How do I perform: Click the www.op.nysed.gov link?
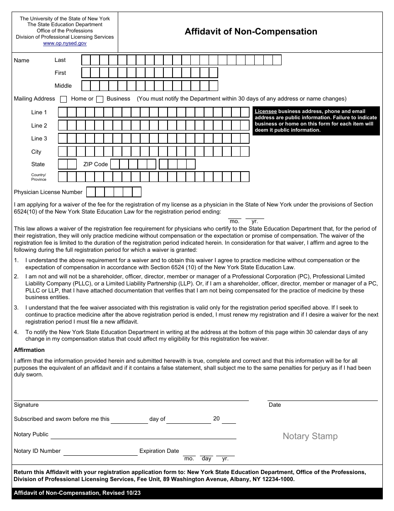point(65,43)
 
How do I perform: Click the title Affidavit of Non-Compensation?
point(251,32)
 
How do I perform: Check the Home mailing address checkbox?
point(63,99)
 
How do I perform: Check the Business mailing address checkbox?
point(100,99)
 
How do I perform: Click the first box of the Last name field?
point(86,60)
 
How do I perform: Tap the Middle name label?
point(63,86)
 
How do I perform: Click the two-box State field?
point(67,164)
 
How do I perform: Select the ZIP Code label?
point(95,164)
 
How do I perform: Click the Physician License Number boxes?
point(113,192)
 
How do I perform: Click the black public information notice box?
point(316,121)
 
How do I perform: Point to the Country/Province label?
point(39,177)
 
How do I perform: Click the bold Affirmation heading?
point(29,350)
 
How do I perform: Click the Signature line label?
point(26,405)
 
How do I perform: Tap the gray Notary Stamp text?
point(310,436)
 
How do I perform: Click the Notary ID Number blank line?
point(100,452)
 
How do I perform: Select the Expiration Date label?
point(159,451)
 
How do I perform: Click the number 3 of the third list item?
point(16,308)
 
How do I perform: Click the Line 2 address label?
point(39,125)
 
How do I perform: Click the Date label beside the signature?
point(275,405)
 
